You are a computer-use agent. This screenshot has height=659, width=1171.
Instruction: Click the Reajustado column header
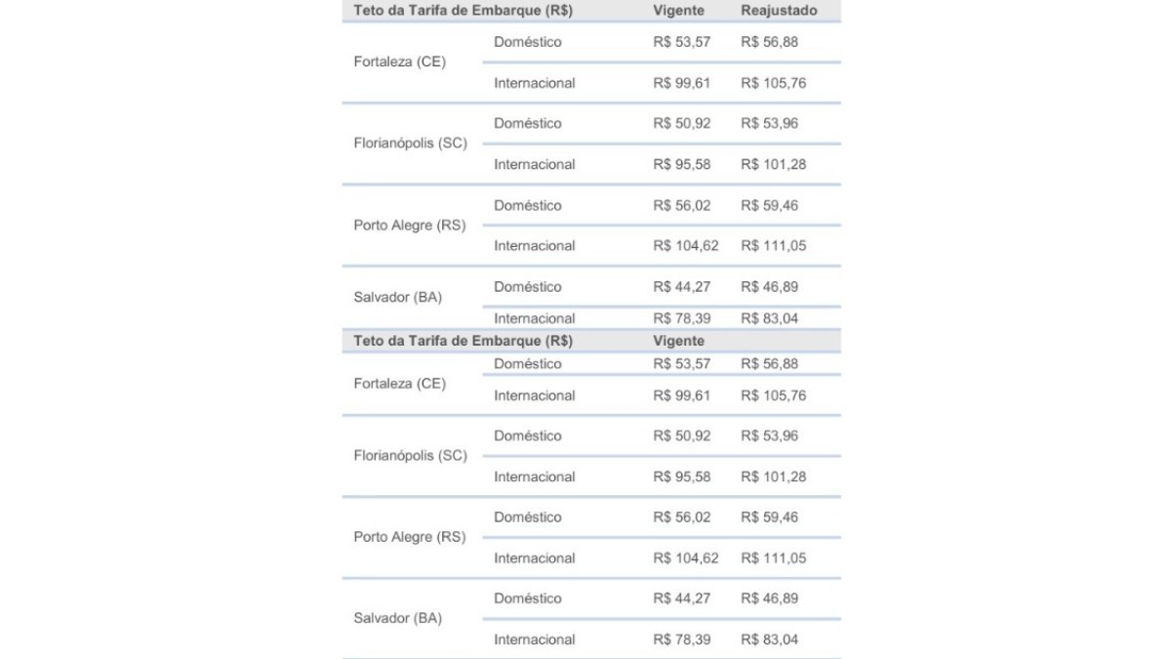(x=779, y=11)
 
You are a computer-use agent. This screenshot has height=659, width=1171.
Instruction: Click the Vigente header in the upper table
(x=678, y=11)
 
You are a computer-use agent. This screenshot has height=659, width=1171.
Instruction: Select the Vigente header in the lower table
(x=678, y=342)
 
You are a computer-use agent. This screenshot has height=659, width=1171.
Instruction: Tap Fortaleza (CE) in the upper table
(x=399, y=62)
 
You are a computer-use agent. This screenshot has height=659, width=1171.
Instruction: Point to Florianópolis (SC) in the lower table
(x=410, y=456)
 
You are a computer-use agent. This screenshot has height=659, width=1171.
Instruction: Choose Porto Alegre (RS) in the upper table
(x=409, y=225)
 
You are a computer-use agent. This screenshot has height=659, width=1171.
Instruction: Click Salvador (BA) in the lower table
(x=397, y=618)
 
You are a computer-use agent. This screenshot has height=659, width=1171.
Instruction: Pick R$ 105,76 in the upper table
(x=773, y=83)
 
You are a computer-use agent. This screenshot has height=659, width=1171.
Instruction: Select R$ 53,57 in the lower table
(x=682, y=363)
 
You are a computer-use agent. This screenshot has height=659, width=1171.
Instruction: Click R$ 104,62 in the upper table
(x=685, y=245)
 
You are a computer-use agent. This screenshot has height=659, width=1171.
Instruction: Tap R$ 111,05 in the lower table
(x=773, y=558)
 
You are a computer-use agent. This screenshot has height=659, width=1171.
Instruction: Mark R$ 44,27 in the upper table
(x=682, y=287)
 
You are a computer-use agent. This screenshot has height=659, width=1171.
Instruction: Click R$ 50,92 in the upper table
(x=682, y=123)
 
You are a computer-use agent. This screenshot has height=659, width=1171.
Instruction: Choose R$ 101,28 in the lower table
(x=773, y=476)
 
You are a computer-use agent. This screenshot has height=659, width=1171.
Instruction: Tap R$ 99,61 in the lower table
(x=682, y=395)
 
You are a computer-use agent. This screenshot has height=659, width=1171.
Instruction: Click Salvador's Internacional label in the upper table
(x=534, y=318)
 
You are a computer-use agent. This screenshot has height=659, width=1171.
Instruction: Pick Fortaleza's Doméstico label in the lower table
(x=527, y=363)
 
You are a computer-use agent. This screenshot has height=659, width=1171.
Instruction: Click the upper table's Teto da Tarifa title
(x=463, y=11)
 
